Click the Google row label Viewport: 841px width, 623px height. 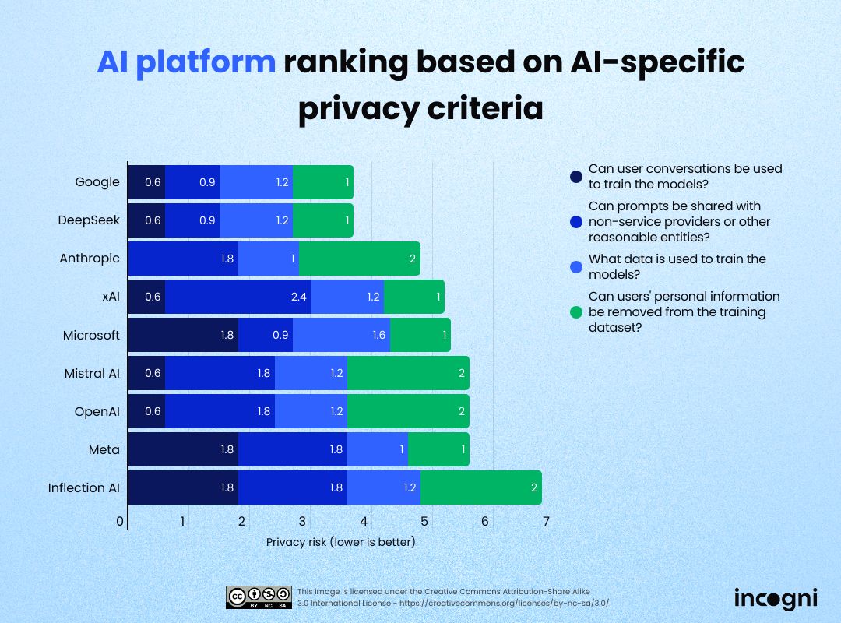pos(97,182)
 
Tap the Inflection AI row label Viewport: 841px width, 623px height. pos(84,487)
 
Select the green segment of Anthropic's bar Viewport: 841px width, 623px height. pos(360,259)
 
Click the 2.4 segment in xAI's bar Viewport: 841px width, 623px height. pos(238,297)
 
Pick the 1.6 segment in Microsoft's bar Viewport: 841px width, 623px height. pos(341,335)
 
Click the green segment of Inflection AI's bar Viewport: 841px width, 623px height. pos(480,487)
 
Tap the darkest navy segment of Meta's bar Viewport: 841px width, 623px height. pos(183,449)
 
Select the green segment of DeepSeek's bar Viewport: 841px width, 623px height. pos(323,220)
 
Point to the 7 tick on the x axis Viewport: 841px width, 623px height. pos(546,521)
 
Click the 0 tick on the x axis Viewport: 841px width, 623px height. pos(121,521)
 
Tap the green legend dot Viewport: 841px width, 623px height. pos(575,312)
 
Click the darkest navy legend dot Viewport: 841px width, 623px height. pos(575,177)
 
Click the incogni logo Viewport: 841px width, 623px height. pos(776,598)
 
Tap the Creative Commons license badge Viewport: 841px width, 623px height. pos(259,597)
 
